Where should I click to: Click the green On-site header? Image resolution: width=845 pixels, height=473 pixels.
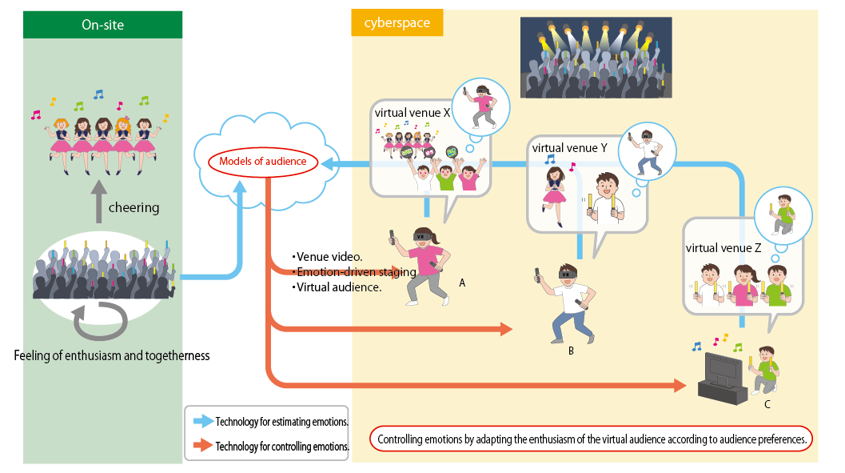click(x=102, y=25)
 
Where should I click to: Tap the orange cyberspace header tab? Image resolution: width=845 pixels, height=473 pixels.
click(x=397, y=23)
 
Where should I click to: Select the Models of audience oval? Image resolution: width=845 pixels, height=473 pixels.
click(x=263, y=162)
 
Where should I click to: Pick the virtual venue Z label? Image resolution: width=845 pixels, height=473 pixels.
click(x=723, y=248)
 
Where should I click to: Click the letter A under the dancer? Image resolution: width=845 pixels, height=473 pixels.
click(x=462, y=283)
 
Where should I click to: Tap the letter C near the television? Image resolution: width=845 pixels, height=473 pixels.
click(x=767, y=404)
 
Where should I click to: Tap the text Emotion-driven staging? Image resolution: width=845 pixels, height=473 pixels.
click(x=354, y=272)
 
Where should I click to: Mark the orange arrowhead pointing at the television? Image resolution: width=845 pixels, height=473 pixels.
click(x=680, y=386)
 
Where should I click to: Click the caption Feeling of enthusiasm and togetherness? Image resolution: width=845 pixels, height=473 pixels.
click(x=112, y=355)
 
